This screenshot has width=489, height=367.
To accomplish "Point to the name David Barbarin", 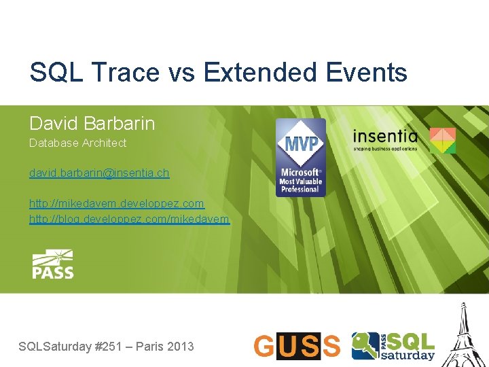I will (92, 123).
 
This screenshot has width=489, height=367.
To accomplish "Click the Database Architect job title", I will (77, 143).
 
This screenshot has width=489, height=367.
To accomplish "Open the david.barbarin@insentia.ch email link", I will (99, 173).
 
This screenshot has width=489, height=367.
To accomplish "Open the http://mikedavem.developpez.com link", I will (116, 203).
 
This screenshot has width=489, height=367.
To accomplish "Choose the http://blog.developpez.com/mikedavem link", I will (129, 219).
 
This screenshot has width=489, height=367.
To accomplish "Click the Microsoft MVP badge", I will (300, 158).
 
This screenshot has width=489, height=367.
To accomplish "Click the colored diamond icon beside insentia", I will (441, 140).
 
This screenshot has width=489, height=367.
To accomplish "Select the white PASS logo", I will (53, 264).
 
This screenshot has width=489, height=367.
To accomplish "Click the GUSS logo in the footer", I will (297, 346).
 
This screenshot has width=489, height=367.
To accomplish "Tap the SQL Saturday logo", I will (393, 345).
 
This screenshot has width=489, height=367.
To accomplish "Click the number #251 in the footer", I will (108, 347).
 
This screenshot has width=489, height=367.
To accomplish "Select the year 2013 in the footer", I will (180, 347).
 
